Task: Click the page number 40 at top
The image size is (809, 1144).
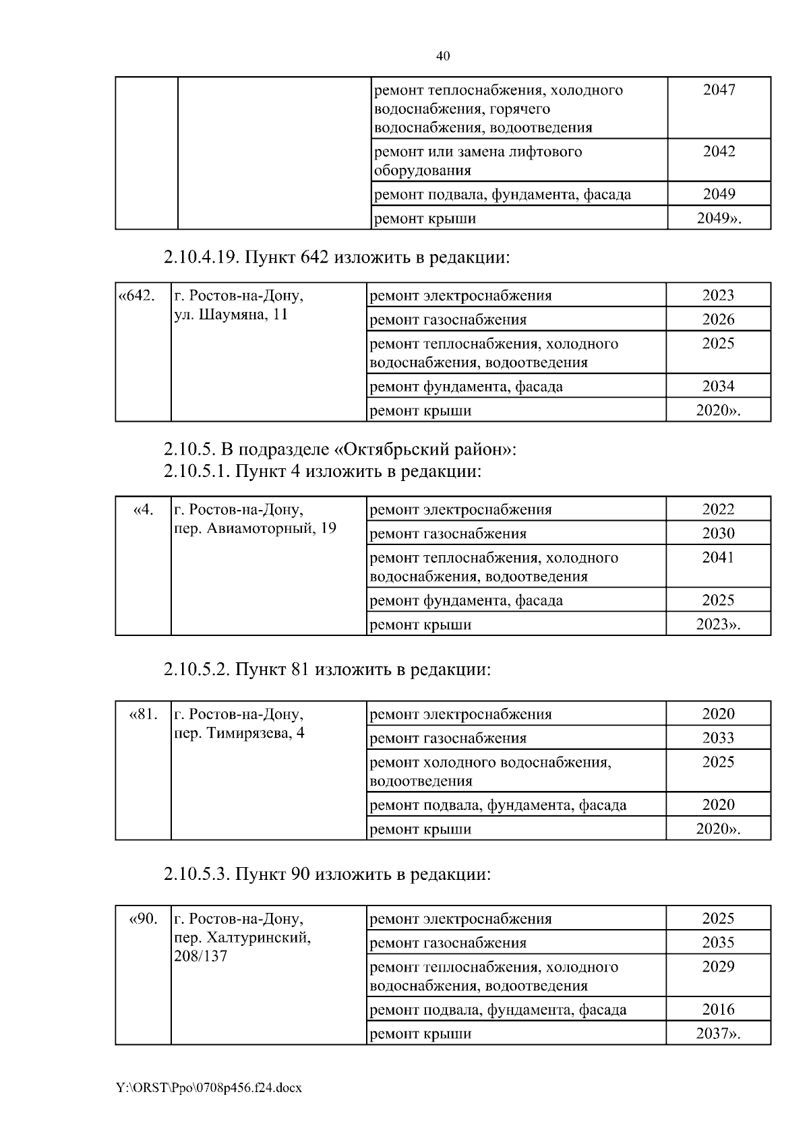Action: tap(443, 56)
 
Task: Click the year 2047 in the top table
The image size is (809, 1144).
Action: tap(719, 90)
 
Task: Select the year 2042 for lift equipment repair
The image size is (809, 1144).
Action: tap(719, 152)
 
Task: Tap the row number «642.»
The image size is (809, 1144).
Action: tap(137, 296)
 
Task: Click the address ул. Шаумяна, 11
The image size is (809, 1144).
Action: tap(231, 315)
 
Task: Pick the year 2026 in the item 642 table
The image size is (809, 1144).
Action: tap(718, 319)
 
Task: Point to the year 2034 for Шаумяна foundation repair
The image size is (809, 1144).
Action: tap(718, 386)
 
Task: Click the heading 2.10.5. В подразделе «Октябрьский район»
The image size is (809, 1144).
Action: tap(339, 449)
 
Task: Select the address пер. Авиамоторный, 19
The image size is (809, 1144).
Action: tap(255, 528)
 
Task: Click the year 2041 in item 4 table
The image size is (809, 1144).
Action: tap(718, 558)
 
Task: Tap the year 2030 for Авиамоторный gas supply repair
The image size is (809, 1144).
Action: tap(718, 534)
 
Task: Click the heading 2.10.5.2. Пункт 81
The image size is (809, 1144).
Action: tap(326, 670)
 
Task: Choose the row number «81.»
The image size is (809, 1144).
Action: tap(143, 714)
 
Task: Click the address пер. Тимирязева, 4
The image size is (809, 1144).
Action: tap(239, 733)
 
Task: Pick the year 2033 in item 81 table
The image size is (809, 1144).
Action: tap(718, 738)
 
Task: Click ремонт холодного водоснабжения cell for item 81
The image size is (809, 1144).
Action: tap(490, 771)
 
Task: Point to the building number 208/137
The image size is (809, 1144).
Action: tap(200, 957)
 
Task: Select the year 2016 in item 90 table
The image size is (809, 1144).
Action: tap(718, 1010)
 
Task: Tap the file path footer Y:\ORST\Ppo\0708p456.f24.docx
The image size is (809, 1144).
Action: tap(209, 1088)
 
